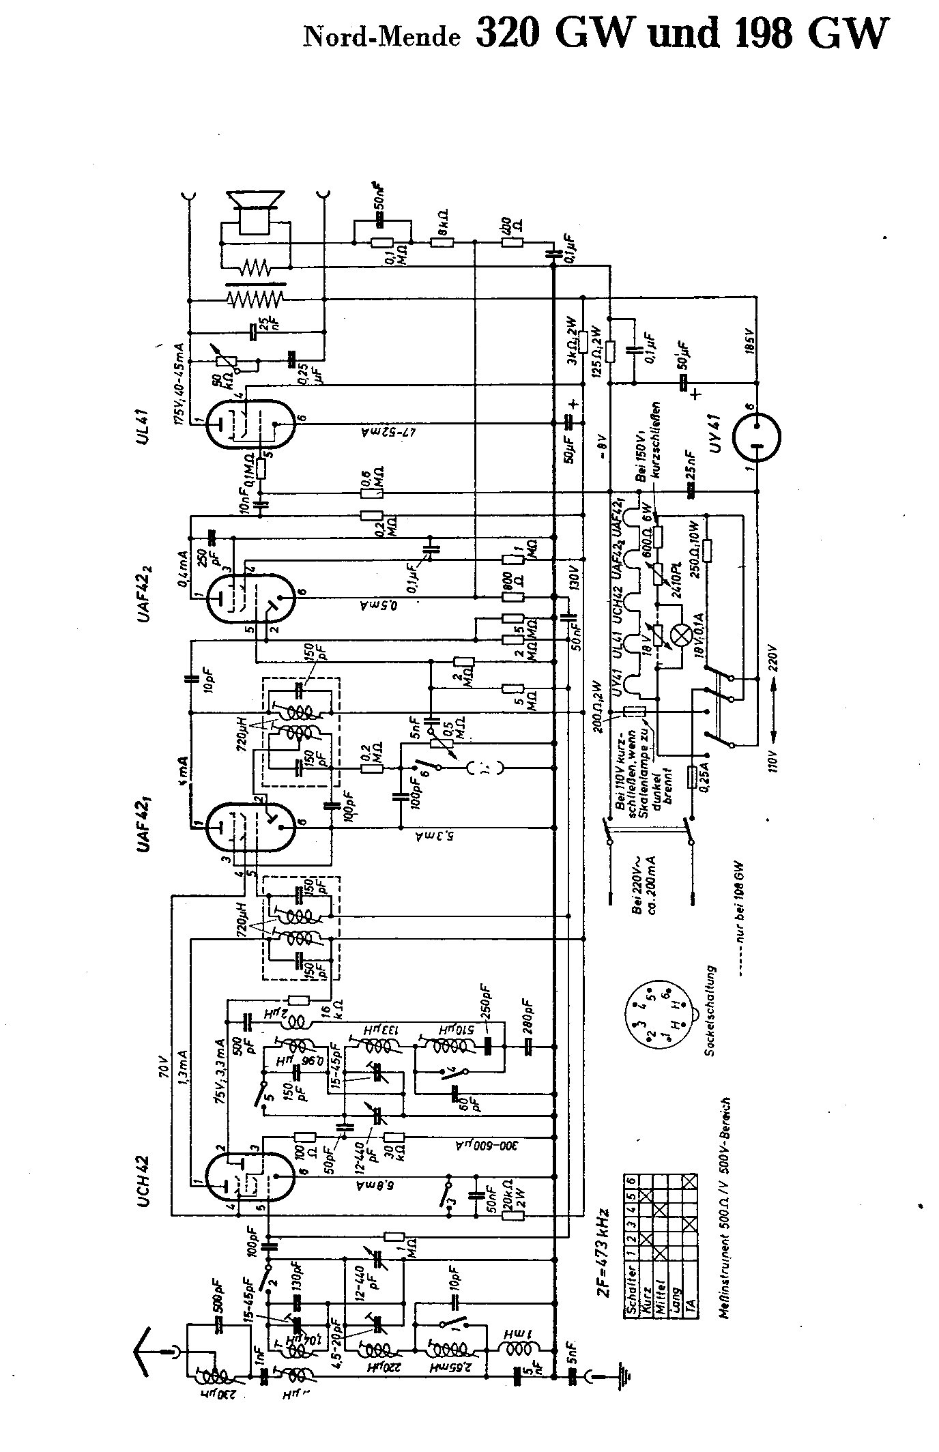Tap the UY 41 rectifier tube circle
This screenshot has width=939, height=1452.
click(757, 438)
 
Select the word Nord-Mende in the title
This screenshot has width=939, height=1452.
click(381, 38)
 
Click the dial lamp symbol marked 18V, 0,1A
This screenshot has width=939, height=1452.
click(680, 634)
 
